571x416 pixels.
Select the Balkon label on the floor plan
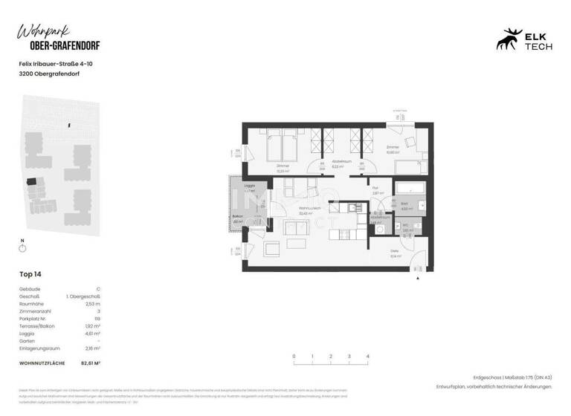[x=237, y=216]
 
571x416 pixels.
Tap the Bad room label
[x=404, y=203]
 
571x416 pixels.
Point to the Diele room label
[x=395, y=251]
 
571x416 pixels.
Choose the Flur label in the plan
[x=376, y=188]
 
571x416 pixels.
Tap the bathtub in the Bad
[x=410, y=188]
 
